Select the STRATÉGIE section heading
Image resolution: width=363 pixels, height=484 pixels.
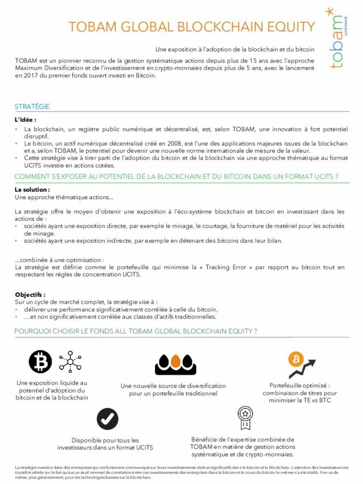tap(32, 106)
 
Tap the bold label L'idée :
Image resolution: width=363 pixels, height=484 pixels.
tap(26, 120)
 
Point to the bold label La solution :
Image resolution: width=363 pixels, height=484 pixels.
tap(32, 190)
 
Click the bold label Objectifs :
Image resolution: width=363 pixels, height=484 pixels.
tap(30, 294)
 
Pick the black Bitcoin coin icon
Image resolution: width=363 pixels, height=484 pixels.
tap(40, 361)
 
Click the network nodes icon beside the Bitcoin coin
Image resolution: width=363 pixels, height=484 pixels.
tap(70, 361)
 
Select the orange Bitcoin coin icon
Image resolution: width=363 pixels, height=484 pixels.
tap(296, 359)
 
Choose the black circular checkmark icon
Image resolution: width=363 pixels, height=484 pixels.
tap(107, 419)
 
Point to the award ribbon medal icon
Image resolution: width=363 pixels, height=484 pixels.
tap(244, 418)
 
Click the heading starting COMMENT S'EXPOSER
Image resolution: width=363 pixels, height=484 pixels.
tap(176, 176)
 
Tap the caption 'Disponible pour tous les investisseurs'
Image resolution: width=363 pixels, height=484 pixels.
tap(105, 444)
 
